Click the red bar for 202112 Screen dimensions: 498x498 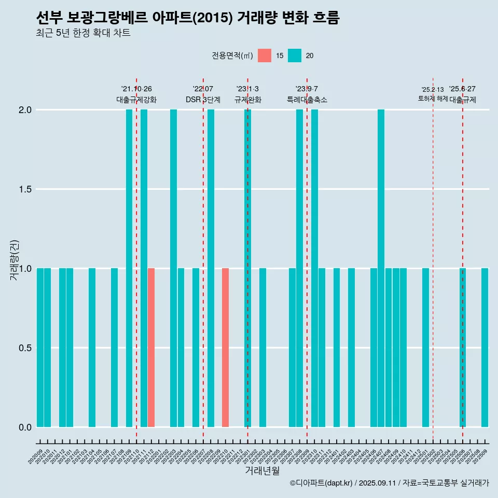(x=151, y=348)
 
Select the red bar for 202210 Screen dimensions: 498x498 (x=225, y=348)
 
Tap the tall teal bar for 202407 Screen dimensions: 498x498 (x=381, y=268)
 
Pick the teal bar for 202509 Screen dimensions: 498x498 (x=485, y=348)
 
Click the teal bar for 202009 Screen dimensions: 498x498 (x=40, y=348)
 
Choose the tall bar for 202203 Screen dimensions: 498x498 (x=173, y=268)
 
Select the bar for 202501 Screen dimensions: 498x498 (x=425, y=348)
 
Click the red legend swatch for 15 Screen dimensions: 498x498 (x=265, y=56)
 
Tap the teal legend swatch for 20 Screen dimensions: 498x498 (x=295, y=56)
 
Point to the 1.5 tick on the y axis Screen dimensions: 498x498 (x=25, y=189)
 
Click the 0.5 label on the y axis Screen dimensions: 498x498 (x=25, y=348)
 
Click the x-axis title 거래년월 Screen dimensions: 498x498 (x=262, y=471)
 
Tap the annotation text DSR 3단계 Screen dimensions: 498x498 (x=203, y=100)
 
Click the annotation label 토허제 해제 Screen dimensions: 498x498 (x=433, y=99)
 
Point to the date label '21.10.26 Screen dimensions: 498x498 (x=136, y=89)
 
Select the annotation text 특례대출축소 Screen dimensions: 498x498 (x=307, y=100)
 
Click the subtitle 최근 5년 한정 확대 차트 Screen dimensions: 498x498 (x=83, y=33)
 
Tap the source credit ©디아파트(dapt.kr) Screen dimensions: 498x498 (x=321, y=483)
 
